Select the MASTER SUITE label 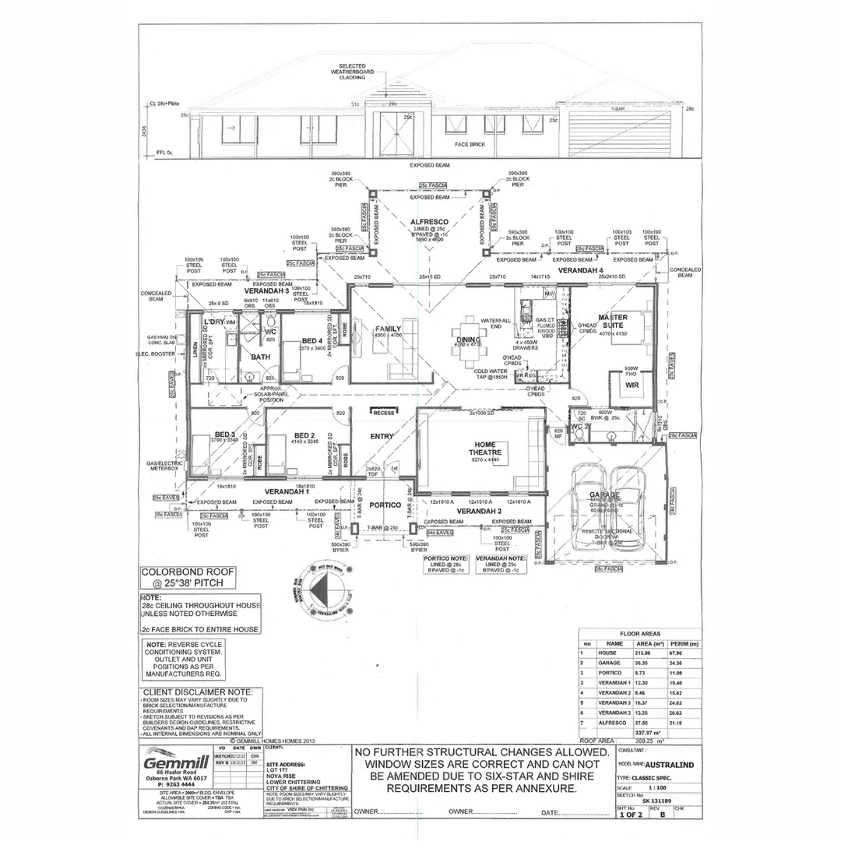tap(613, 322)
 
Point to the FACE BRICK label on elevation tap(471, 145)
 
